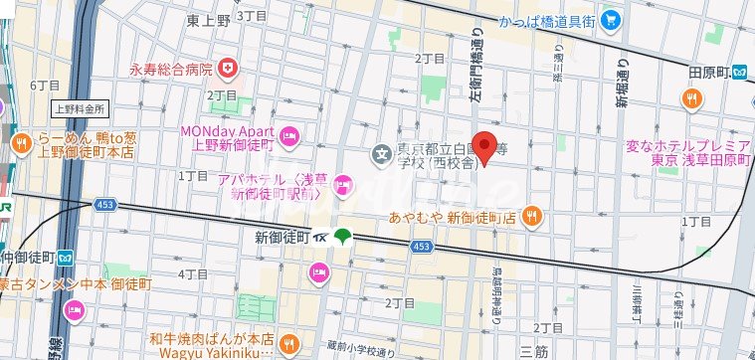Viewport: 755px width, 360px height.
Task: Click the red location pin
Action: pyautogui.click(x=483, y=147)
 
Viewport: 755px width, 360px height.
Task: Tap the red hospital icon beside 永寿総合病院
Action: pyautogui.click(x=231, y=69)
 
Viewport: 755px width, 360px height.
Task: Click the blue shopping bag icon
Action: pyautogui.click(x=610, y=18)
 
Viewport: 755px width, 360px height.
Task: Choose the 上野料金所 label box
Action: pyautogui.click(x=80, y=108)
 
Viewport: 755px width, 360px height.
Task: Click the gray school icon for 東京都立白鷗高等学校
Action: pyautogui.click(x=380, y=154)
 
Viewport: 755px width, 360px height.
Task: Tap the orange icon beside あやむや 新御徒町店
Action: pyautogui.click(x=533, y=215)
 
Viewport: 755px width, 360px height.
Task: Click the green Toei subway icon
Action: pyautogui.click(x=343, y=237)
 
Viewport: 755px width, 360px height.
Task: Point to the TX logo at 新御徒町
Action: pyautogui.click(x=321, y=238)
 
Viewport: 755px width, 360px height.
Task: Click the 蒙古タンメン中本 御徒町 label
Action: pyautogui.click(x=75, y=284)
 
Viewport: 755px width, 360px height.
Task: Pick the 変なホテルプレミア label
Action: pyautogui.click(x=685, y=146)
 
